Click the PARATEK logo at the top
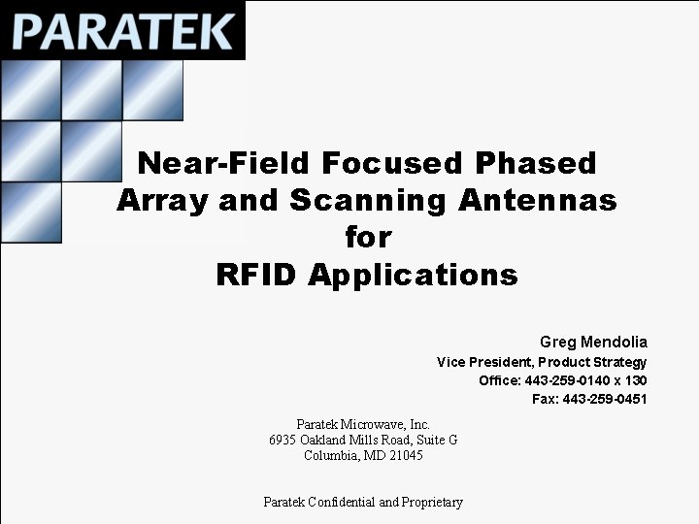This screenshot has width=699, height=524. (x=123, y=30)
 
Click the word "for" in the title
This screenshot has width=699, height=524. (x=367, y=238)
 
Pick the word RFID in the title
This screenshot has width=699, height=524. (x=257, y=275)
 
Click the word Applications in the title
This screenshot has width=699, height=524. (x=413, y=275)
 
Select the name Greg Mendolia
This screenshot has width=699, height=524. (x=593, y=342)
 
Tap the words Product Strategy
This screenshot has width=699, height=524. (x=593, y=362)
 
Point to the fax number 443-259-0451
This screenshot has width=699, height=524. (x=605, y=399)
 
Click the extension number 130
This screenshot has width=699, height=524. (x=637, y=380)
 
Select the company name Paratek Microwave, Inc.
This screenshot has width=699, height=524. (x=363, y=424)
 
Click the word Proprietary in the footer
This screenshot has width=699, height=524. (x=432, y=502)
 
